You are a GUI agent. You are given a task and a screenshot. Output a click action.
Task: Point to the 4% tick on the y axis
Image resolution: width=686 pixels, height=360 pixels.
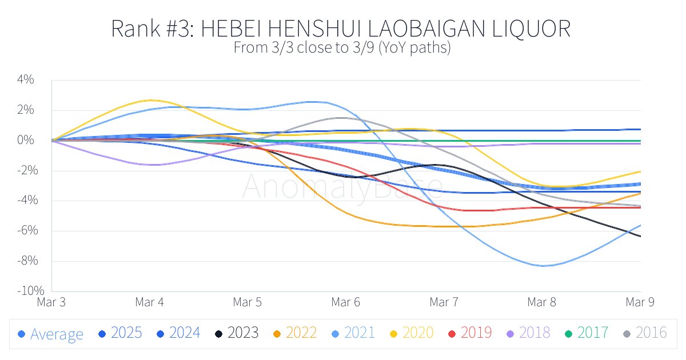coord(25,80)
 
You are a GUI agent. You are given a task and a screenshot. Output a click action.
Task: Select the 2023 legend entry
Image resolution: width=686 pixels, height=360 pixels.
coord(236,333)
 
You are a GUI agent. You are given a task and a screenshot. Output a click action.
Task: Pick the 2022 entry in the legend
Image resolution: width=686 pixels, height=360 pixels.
coord(294,333)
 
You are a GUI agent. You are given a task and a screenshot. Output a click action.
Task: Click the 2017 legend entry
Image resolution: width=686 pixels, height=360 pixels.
coord(586,333)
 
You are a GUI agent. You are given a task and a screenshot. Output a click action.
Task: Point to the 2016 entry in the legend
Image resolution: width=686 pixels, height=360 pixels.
coord(644,333)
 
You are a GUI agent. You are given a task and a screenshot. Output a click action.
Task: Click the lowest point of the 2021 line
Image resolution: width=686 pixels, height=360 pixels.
coord(543,266)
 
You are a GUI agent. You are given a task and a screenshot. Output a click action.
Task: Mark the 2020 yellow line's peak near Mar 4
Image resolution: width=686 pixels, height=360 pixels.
coord(150,100)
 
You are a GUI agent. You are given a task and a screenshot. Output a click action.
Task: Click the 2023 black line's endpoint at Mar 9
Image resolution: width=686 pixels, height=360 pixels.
coord(640,236)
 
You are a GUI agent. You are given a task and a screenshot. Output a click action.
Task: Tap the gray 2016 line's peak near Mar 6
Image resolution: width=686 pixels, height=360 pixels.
coord(338,118)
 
